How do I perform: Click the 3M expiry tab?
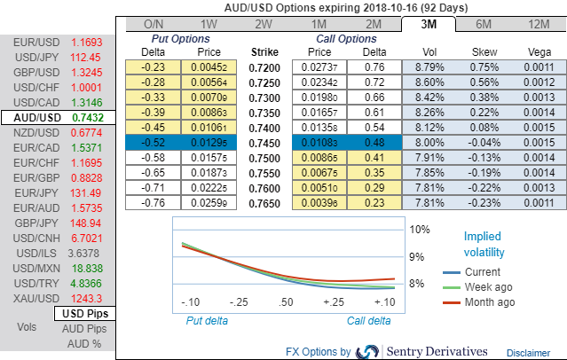428,24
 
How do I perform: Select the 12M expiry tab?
537,24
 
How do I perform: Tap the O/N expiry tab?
154,24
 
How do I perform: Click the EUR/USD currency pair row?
56,42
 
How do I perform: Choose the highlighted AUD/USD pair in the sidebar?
57,117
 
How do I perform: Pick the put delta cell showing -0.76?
154,203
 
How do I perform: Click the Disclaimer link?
528,352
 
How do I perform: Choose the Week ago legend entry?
486,287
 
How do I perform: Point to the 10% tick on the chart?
419,229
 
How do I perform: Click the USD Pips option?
85,314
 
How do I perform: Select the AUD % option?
85,342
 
